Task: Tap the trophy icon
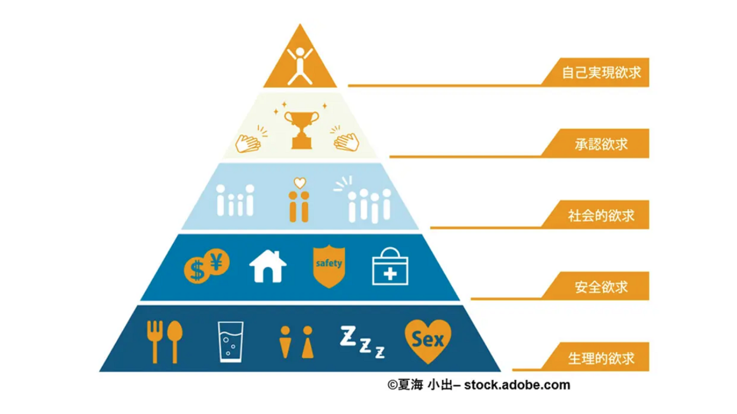click(x=301, y=129)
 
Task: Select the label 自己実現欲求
click(x=601, y=73)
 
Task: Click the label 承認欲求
click(x=601, y=144)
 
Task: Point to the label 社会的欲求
click(x=601, y=215)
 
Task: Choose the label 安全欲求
click(x=601, y=286)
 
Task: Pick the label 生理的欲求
click(x=601, y=357)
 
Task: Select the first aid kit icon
click(x=389, y=267)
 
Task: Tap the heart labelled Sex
click(x=428, y=338)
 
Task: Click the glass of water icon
click(x=230, y=341)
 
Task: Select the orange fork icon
click(x=154, y=340)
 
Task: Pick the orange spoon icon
click(x=174, y=339)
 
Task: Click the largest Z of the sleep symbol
click(x=349, y=334)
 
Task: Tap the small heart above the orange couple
click(x=299, y=182)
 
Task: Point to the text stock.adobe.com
click(x=517, y=385)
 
